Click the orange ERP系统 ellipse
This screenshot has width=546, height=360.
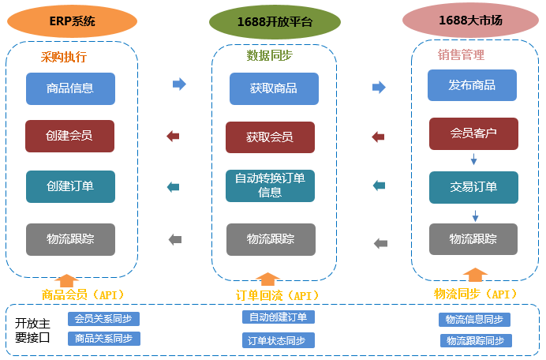[x=72, y=21]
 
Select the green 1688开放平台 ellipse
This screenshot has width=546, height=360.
[x=275, y=22]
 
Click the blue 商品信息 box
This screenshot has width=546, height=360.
[x=70, y=88]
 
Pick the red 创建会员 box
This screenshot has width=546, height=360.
[x=69, y=136]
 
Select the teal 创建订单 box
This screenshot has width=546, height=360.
[x=70, y=186]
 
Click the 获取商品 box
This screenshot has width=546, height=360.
[x=274, y=88]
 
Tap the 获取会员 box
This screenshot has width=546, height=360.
[x=270, y=137]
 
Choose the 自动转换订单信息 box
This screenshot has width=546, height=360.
[x=270, y=185]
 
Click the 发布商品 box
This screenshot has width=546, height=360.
[x=472, y=85]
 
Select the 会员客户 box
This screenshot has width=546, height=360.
[x=473, y=133]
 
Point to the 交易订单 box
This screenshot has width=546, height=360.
[x=473, y=187]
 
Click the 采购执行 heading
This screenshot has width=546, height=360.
[x=64, y=57]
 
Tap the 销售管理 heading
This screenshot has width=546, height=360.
[x=461, y=54]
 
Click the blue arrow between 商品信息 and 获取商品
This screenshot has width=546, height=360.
[x=179, y=84]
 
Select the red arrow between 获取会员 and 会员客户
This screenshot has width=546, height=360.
[x=378, y=137]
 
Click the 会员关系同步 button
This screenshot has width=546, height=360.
[x=103, y=319]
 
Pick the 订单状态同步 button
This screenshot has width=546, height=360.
[x=278, y=340]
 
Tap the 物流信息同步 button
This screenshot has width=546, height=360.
[x=474, y=320]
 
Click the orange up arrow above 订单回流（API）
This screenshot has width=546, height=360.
[x=268, y=279]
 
